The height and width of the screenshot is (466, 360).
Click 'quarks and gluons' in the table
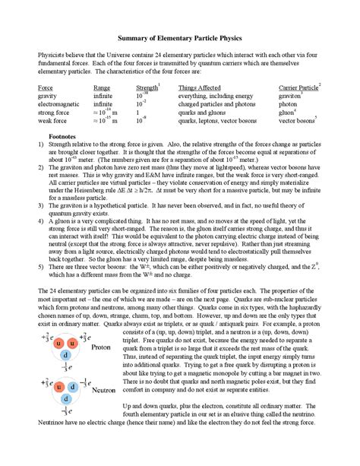point(204,113)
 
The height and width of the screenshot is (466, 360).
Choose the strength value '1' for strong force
point(137,113)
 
